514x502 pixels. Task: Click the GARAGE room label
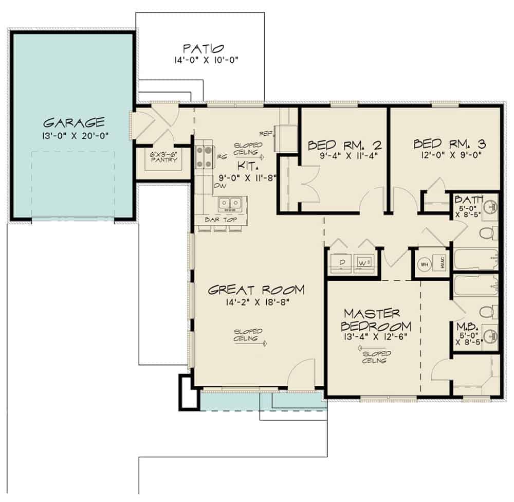point(74,122)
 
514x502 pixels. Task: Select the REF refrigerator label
point(265,133)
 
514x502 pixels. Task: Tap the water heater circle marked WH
point(425,264)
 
